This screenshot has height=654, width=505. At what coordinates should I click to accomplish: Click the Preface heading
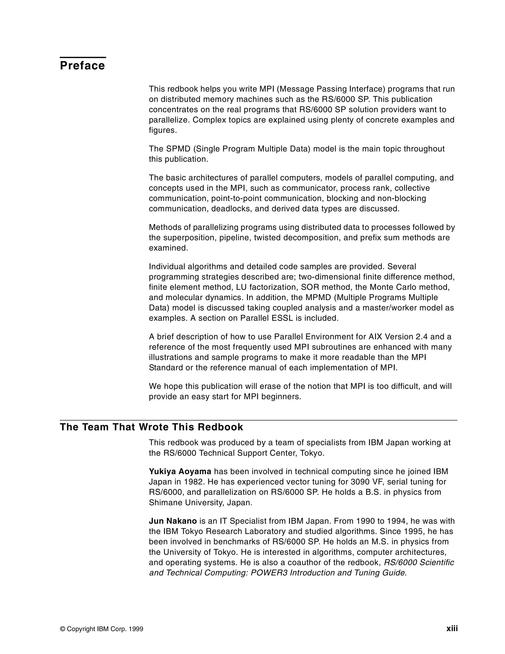tap(82, 66)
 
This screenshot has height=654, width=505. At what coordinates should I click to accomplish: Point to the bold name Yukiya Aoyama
tap(180, 471)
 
